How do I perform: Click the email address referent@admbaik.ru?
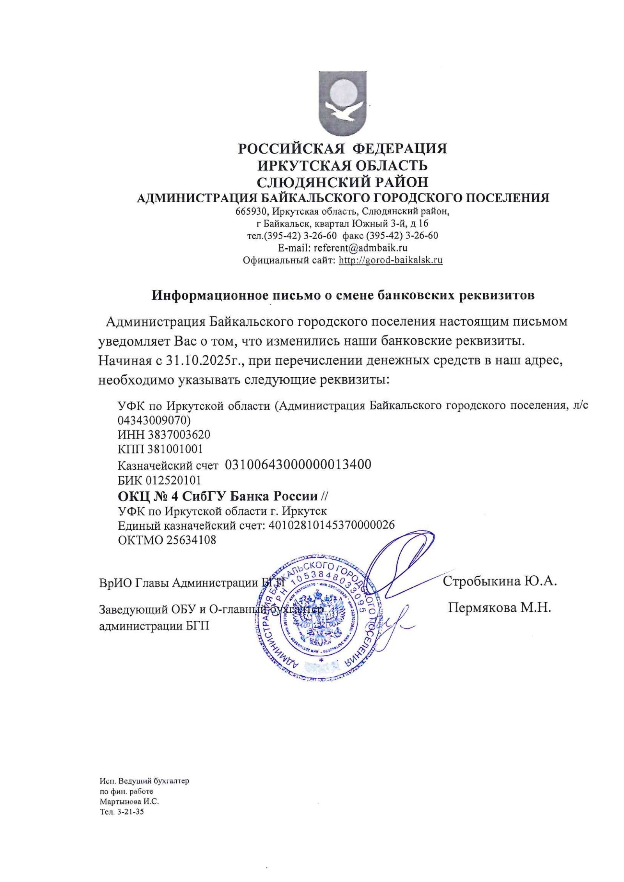(x=360, y=247)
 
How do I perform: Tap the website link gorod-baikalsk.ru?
(x=390, y=260)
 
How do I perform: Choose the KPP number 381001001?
(x=175, y=449)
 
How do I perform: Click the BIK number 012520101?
(x=174, y=480)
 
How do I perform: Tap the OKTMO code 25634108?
(x=191, y=540)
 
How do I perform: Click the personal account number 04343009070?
(x=154, y=420)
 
